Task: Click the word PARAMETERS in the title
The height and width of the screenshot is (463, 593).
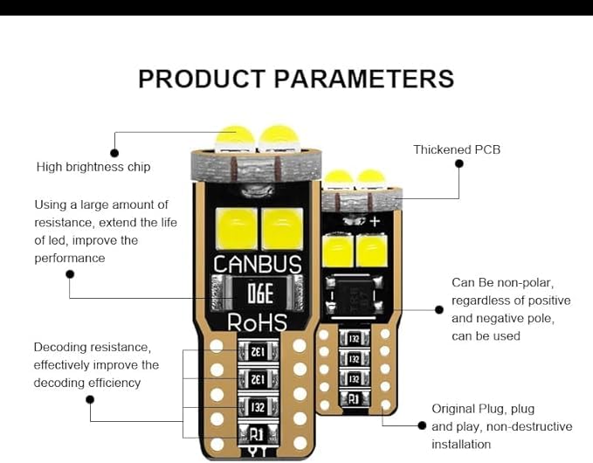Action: (364, 79)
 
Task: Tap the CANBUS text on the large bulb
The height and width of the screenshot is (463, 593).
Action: (258, 265)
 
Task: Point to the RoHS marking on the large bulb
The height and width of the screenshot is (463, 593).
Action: (257, 322)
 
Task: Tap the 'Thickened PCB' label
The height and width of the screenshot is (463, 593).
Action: (457, 150)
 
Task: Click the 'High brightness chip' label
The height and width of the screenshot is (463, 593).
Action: (93, 167)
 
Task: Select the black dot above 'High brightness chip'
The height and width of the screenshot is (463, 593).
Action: (114, 153)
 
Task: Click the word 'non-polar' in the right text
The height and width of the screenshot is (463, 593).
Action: (528, 283)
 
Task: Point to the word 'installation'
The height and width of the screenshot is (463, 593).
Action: (461, 445)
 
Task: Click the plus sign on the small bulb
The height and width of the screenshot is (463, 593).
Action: (375, 222)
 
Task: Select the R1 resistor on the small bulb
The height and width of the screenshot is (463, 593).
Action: (355, 398)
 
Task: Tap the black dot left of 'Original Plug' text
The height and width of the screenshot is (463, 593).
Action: (422, 426)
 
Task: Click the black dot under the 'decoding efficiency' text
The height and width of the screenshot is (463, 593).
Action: (90, 400)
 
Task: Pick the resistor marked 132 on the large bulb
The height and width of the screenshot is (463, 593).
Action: (258, 406)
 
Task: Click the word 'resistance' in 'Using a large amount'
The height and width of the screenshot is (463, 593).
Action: (65, 223)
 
